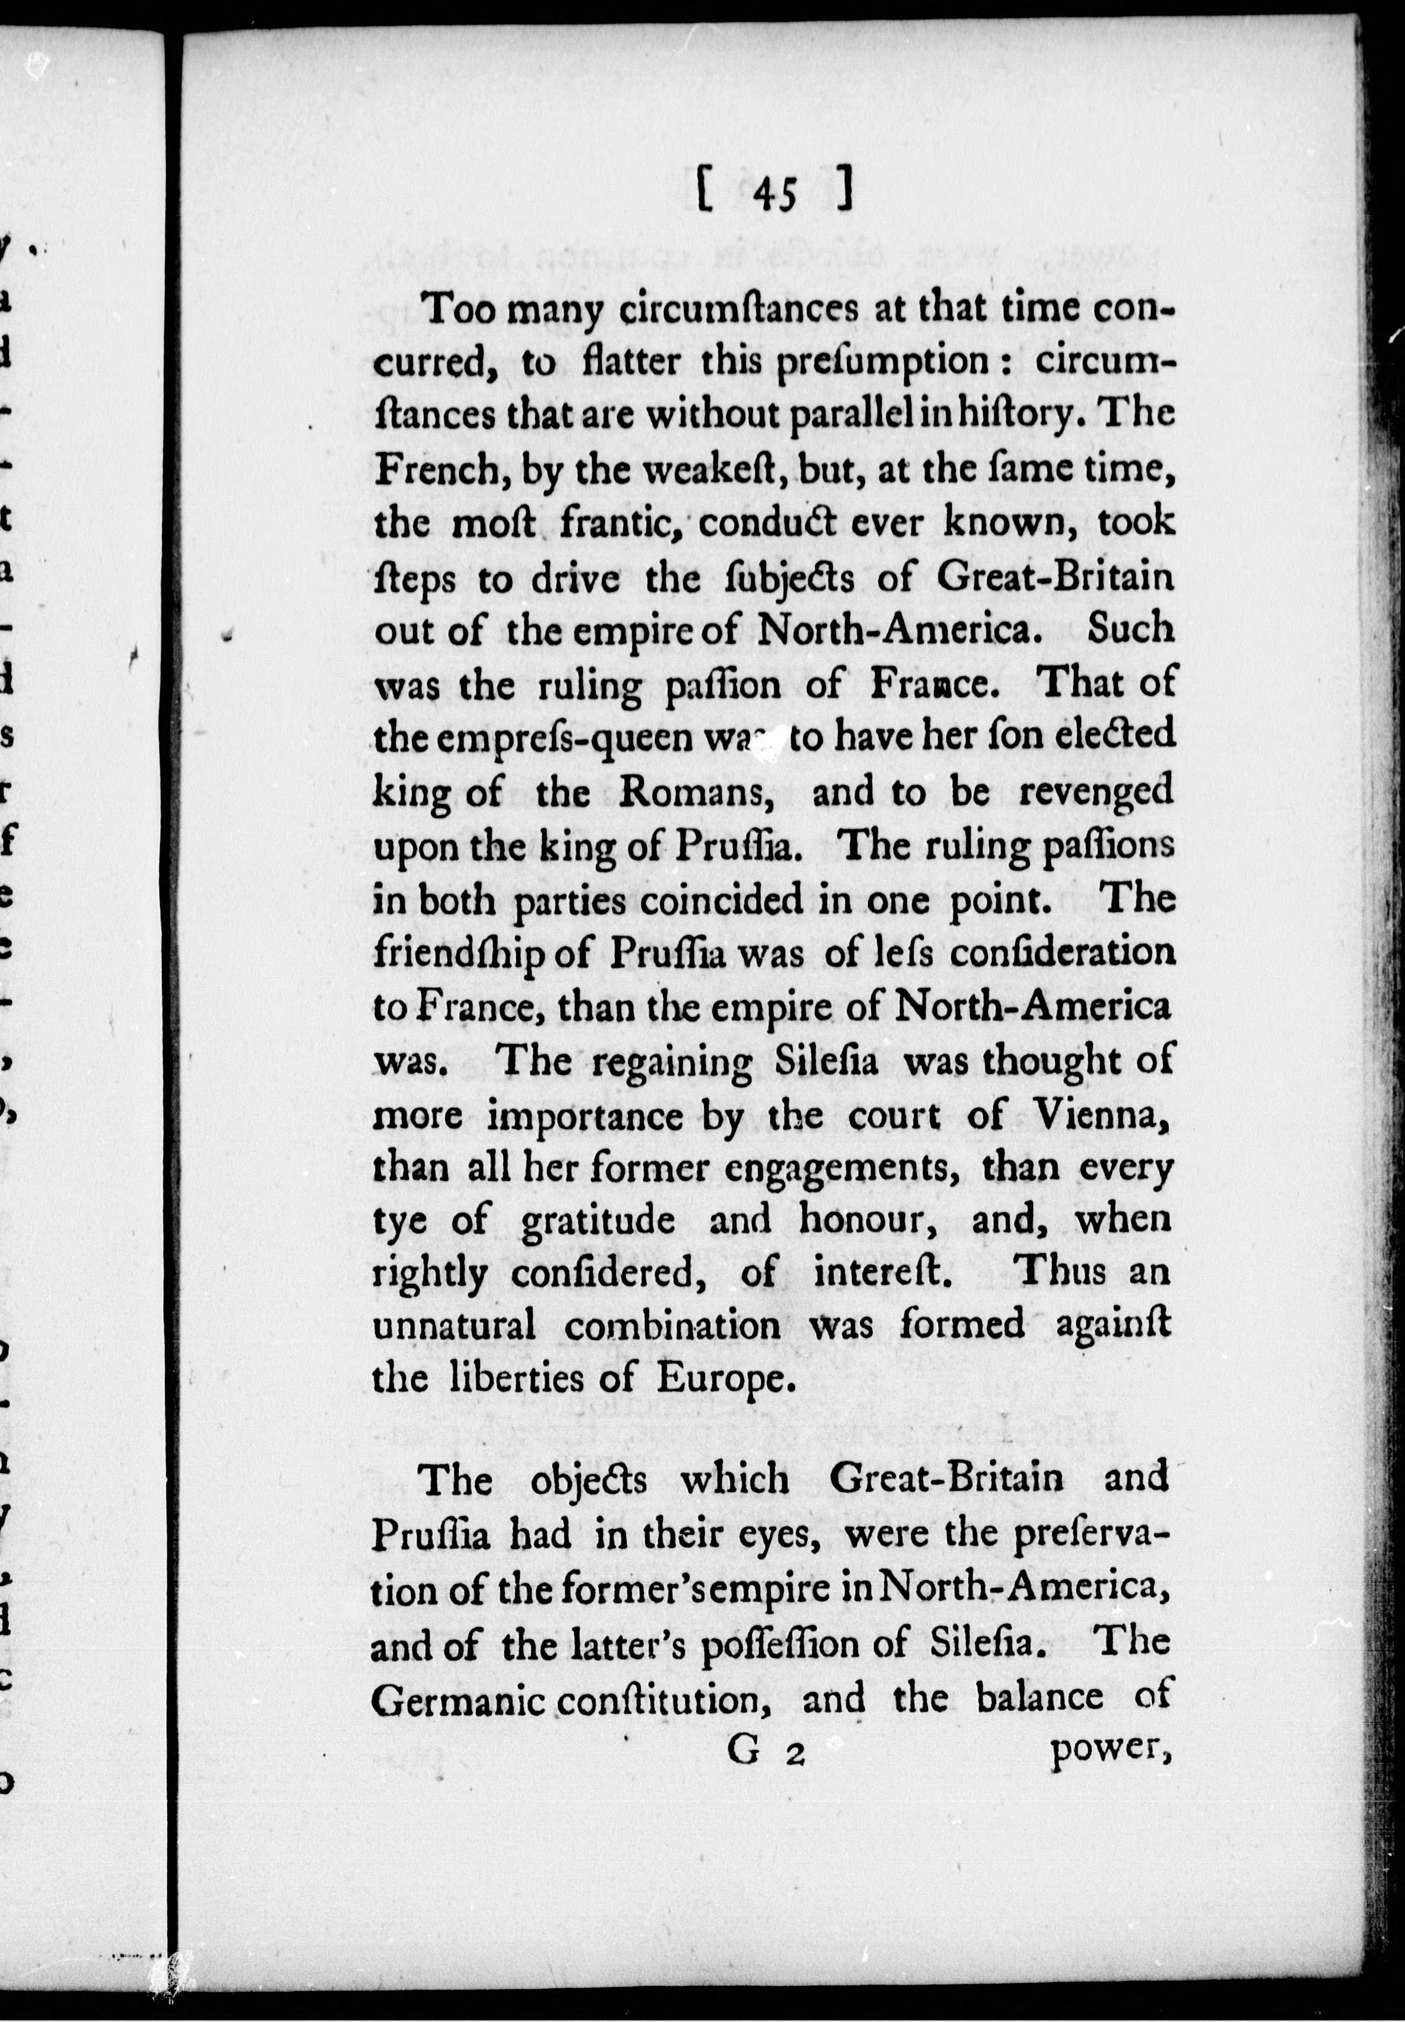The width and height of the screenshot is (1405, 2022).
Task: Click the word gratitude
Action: (x=599, y=1222)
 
